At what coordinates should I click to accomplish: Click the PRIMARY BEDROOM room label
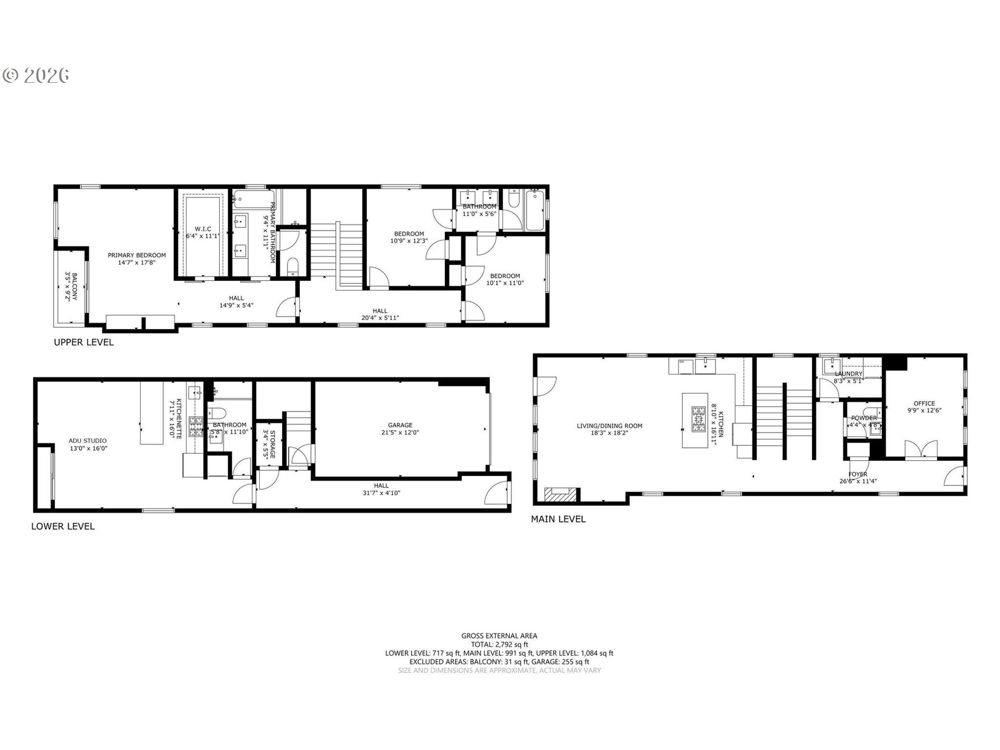[x=136, y=255]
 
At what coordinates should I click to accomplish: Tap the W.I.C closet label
[x=203, y=229]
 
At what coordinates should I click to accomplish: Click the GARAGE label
[x=400, y=425]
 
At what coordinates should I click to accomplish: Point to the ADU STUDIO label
[x=87, y=441]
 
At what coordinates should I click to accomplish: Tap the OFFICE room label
[x=924, y=403]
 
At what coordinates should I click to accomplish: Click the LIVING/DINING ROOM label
[x=609, y=426]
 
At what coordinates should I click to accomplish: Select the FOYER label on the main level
[x=858, y=474]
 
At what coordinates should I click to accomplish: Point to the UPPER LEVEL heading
[x=84, y=342]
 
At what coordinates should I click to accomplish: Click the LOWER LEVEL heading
[x=63, y=526]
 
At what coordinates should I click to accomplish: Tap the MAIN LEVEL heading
[x=558, y=519]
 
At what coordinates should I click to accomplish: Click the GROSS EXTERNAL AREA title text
[x=499, y=635]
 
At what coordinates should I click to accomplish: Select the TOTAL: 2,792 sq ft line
[x=499, y=644]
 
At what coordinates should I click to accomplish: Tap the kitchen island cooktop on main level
[x=698, y=420]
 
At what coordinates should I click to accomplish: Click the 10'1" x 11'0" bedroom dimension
[x=505, y=283]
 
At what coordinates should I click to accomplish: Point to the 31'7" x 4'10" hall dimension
[x=381, y=493]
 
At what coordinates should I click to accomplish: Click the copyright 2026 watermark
[x=36, y=76]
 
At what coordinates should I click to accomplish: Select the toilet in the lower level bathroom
[x=217, y=414]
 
